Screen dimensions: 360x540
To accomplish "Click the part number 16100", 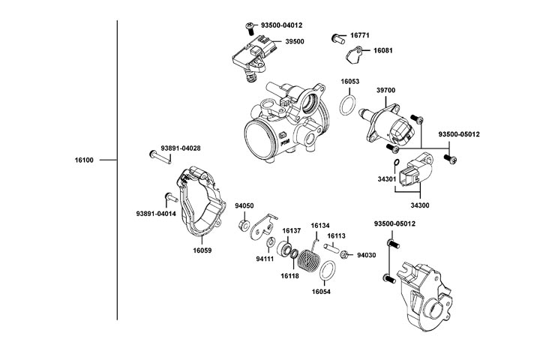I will pyautogui.click(x=85, y=160).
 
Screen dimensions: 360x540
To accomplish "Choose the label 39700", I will pyautogui.click(x=385, y=90).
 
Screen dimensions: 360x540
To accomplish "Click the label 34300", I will pyautogui.click(x=420, y=204).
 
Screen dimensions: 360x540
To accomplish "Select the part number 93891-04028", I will pyautogui.click(x=180, y=148).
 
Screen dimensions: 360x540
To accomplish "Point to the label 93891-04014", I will pyautogui.click(x=156, y=214).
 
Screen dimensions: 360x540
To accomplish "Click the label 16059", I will pyautogui.click(x=202, y=250).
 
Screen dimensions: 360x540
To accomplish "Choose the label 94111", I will pyautogui.click(x=266, y=259).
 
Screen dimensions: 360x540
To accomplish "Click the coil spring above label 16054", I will pyautogui.click(x=309, y=260).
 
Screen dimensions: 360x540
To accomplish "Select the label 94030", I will pyautogui.click(x=366, y=255).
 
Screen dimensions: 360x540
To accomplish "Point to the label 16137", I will pyautogui.click(x=291, y=231).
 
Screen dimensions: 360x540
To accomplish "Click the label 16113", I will pyautogui.click(x=337, y=235).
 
